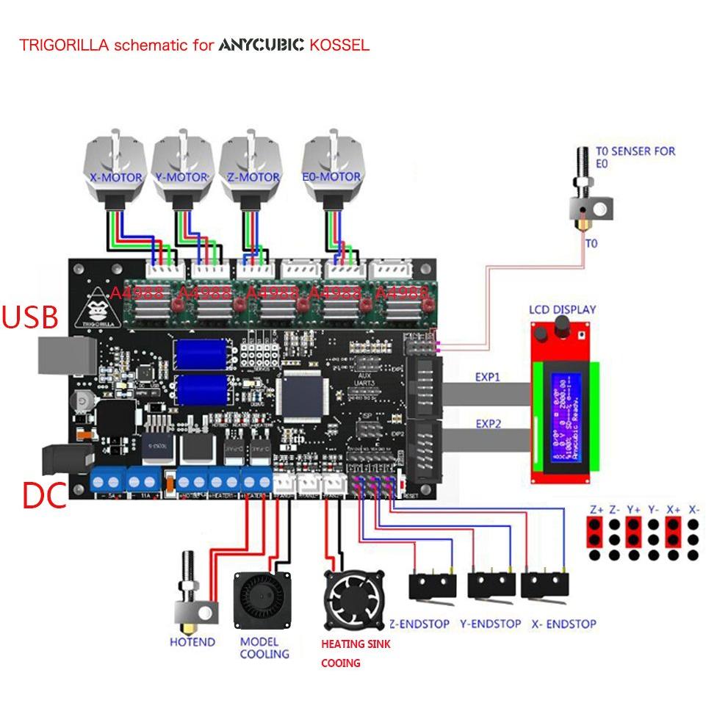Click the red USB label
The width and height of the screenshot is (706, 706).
point(30,317)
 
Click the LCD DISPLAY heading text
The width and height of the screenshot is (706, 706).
point(562,309)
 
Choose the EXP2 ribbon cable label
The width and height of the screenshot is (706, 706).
point(487,424)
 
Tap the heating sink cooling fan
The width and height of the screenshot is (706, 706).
point(354,600)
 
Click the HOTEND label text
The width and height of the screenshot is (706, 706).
point(192,641)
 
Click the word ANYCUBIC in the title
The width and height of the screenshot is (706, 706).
point(261,46)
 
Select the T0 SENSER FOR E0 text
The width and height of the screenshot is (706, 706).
point(635,157)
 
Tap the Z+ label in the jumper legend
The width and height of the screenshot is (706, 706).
point(596,509)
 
